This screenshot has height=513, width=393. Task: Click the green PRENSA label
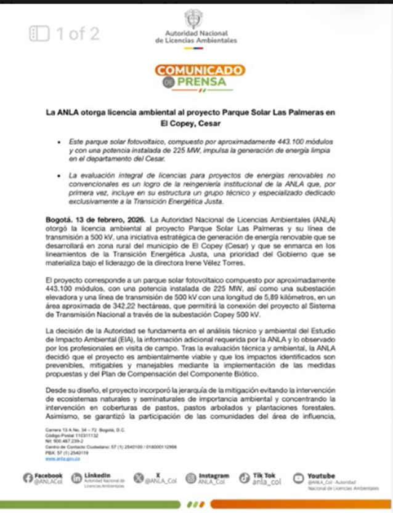[x=202, y=82]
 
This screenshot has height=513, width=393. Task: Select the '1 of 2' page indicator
[x=78, y=33]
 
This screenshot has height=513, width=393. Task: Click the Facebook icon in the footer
[x=28, y=478]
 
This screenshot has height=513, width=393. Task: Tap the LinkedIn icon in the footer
[x=76, y=478]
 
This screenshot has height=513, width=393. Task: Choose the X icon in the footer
[x=138, y=478]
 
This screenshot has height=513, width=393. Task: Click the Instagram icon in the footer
[x=190, y=478]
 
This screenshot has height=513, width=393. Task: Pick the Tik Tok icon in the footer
[x=245, y=478]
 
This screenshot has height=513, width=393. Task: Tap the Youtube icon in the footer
[x=299, y=478]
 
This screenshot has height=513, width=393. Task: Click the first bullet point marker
[x=55, y=142]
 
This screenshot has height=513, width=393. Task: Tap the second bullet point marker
[x=55, y=176]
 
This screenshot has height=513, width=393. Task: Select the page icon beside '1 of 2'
[x=39, y=33]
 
